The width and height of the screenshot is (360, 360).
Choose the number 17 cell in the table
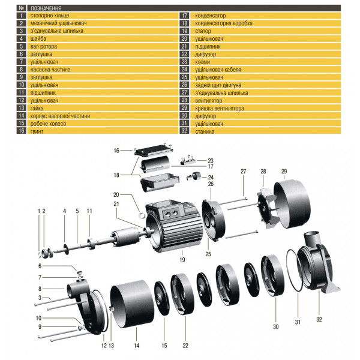coord(184,14)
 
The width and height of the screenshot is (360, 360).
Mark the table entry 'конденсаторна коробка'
coord(220,22)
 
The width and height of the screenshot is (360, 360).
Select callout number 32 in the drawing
coord(319,320)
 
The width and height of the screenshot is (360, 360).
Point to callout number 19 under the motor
coord(181,260)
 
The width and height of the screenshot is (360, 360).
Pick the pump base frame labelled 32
coord(318,267)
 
